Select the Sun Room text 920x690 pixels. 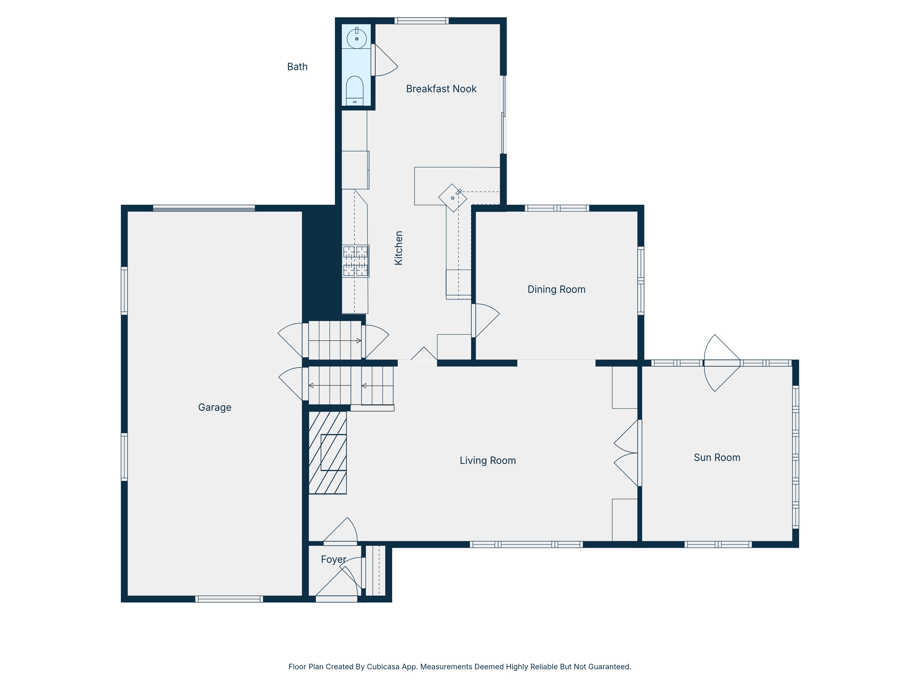click(x=717, y=457)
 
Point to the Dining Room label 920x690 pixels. click(x=557, y=290)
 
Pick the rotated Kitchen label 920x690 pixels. click(x=398, y=248)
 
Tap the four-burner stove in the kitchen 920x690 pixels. click(x=356, y=261)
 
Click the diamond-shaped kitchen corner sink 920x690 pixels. click(x=452, y=198)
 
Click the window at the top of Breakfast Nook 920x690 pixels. click(x=421, y=21)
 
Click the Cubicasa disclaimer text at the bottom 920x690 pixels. click(x=460, y=667)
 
